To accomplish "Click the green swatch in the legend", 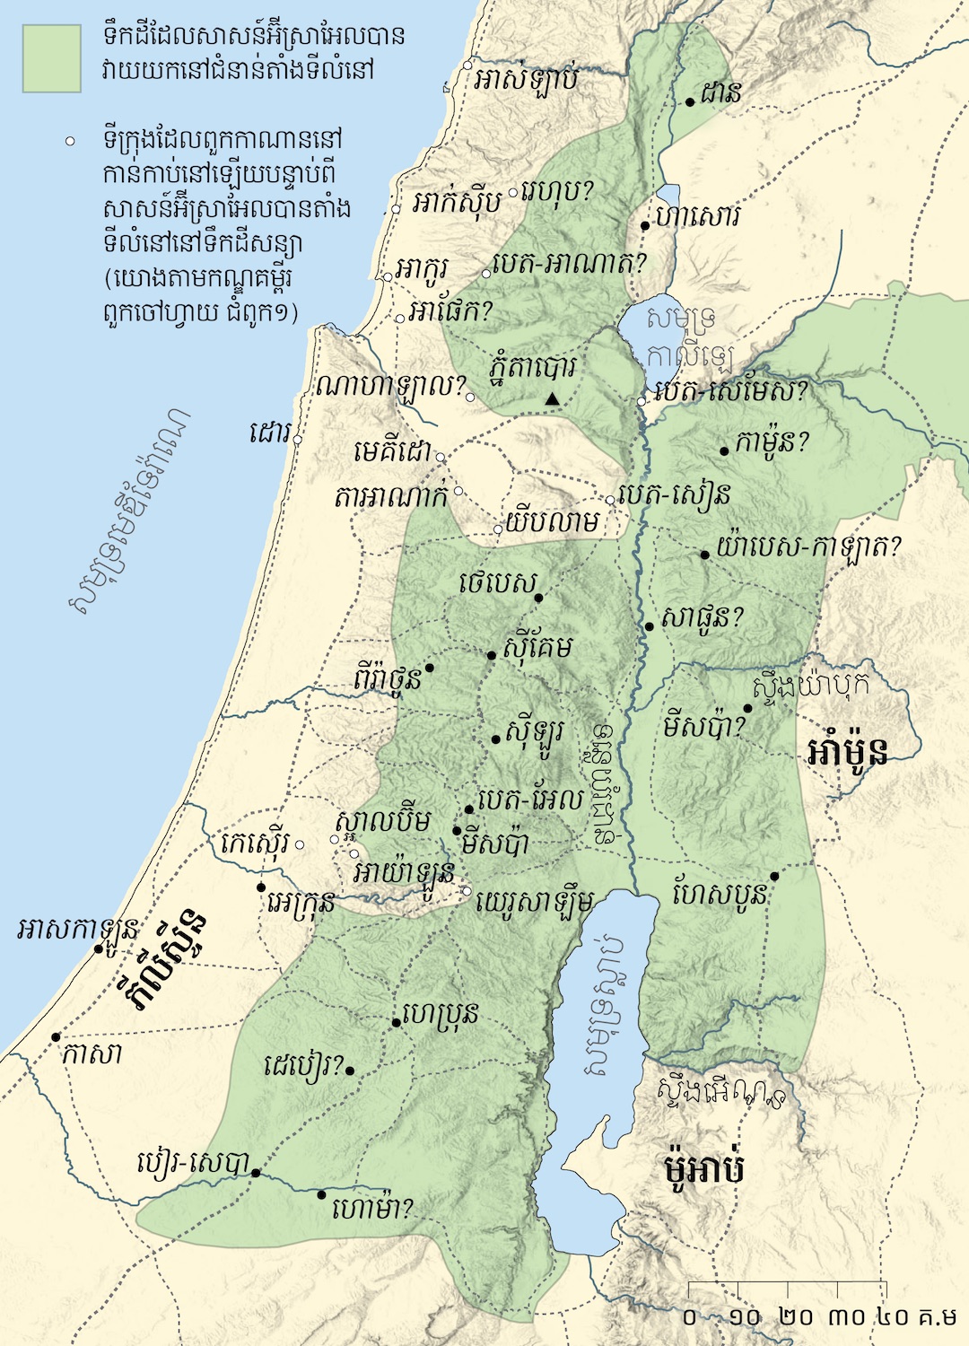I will pos(52,57).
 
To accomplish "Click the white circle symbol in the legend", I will pos(70,142).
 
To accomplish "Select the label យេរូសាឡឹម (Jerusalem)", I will pos(535,900).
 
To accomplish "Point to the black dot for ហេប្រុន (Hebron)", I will pos(396,1022).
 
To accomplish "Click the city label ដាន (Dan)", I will pos(722,92).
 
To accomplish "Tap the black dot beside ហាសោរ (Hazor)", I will pos(645,225).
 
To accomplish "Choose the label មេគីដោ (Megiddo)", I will pos(392,451).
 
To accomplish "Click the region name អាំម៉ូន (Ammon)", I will pos(847,750).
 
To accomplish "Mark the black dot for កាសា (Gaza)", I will pos(56,1036).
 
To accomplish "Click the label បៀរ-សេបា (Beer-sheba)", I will pos(192,1165).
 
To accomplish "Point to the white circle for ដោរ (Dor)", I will pos(297,440).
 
